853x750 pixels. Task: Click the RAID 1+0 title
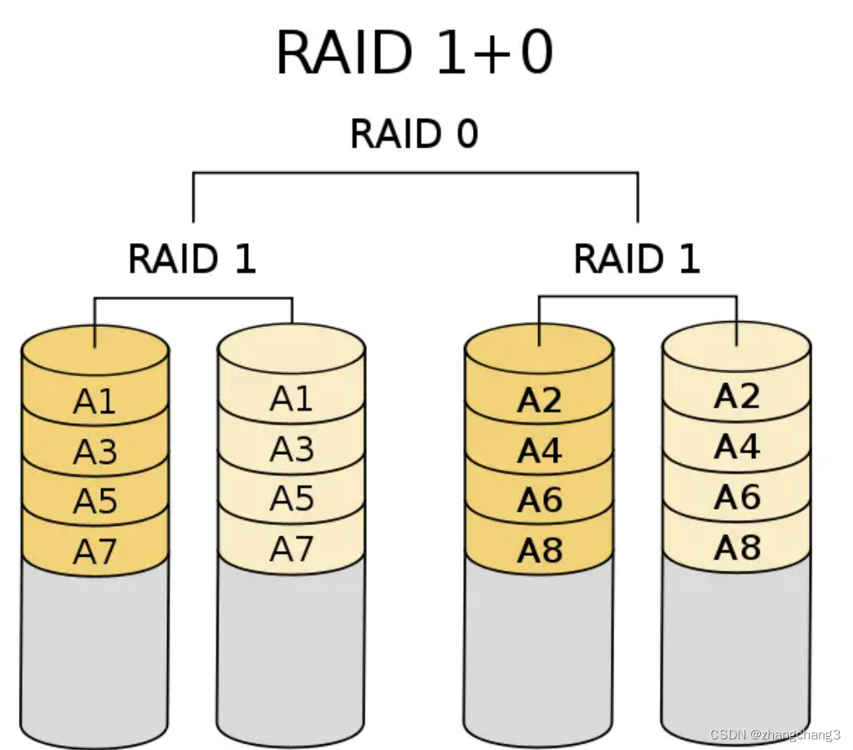(415, 52)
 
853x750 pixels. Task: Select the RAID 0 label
(414, 134)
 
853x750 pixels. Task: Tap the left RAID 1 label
(192, 259)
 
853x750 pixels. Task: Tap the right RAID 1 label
(637, 259)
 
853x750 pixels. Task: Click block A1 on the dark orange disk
(95, 402)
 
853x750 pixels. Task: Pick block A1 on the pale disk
(292, 399)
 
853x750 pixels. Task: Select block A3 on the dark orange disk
(95, 452)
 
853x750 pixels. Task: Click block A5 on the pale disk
(292, 498)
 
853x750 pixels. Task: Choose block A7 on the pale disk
(292, 549)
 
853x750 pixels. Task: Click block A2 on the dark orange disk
(539, 401)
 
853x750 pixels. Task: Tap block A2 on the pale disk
(736, 396)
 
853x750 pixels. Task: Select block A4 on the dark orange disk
(539, 451)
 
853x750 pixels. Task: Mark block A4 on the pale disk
(736, 447)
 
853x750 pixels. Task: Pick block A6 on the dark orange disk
(539, 501)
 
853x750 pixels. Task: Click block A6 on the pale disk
(736, 496)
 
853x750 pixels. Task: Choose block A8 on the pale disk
(736, 548)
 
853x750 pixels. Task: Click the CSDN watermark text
(775, 735)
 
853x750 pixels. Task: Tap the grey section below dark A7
(95, 652)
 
